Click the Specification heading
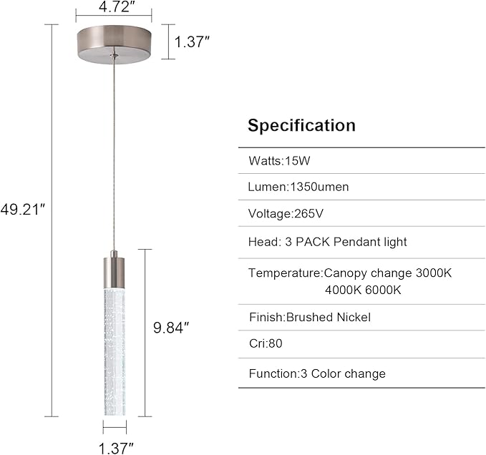(301, 126)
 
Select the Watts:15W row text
(279, 161)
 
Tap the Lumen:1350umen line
(298, 187)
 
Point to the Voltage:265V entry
(286, 213)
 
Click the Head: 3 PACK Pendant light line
(328, 242)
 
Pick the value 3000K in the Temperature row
(434, 273)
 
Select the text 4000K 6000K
(363, 290)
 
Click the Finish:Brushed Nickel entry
(310, 317)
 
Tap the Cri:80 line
(266, 343)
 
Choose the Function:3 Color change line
(317, 373)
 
